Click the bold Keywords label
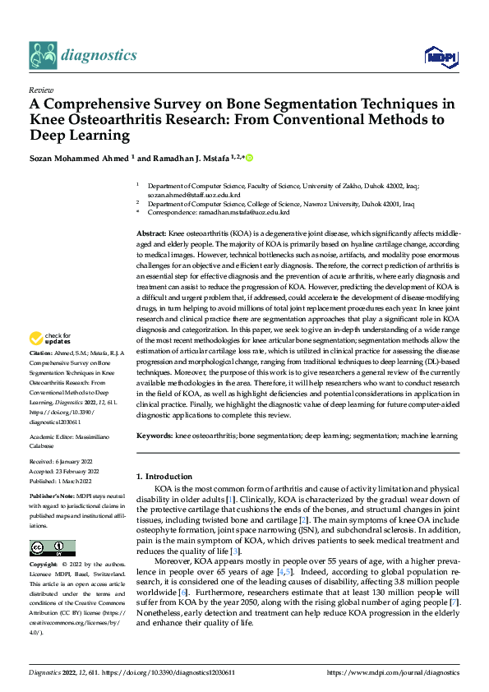154,434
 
